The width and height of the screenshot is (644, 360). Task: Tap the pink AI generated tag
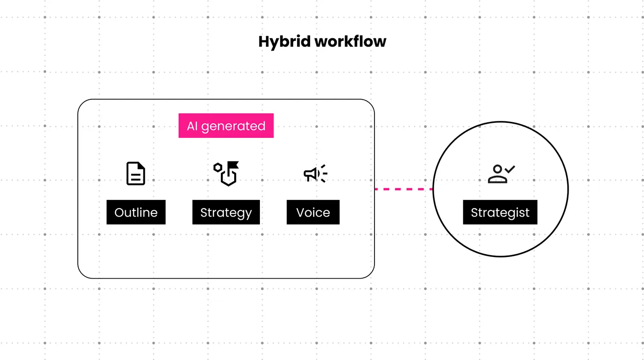click(x=226, y=126)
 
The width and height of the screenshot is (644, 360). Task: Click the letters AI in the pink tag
click(x=192, y=126)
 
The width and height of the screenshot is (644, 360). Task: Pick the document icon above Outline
click(x=136, y=174)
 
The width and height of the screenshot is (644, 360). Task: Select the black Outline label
click(x=136, y=212)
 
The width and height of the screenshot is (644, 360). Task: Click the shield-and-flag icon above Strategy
click(x=226, y=174)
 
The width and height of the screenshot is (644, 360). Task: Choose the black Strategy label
click(x=226, y=212)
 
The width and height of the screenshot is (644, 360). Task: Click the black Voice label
click(x=313, y=212)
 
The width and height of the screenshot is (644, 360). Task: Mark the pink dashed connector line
click(x=403, y=189)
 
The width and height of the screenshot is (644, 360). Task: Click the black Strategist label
click(x=500, y=213)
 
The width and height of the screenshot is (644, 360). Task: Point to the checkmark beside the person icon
click(x=510, y=169)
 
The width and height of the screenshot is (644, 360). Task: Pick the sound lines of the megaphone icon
click(x=323, y=173)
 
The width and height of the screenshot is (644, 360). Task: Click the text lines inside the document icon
click(x=136, y=177)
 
